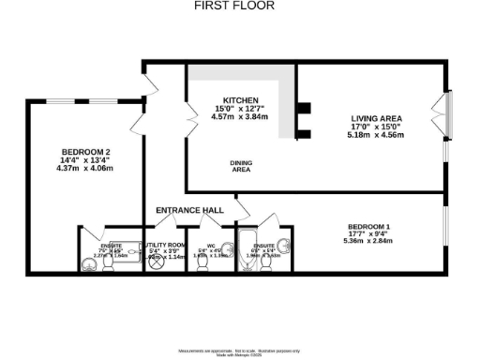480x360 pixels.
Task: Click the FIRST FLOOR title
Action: (239, 6)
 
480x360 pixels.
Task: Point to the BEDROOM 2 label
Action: (86, 152)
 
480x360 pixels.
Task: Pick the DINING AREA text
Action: (241, 167)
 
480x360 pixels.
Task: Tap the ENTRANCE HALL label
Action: (189, 210)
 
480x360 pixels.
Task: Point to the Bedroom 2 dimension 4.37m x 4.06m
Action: (85, 169)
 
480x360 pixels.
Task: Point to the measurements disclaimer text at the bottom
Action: (239, 350)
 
